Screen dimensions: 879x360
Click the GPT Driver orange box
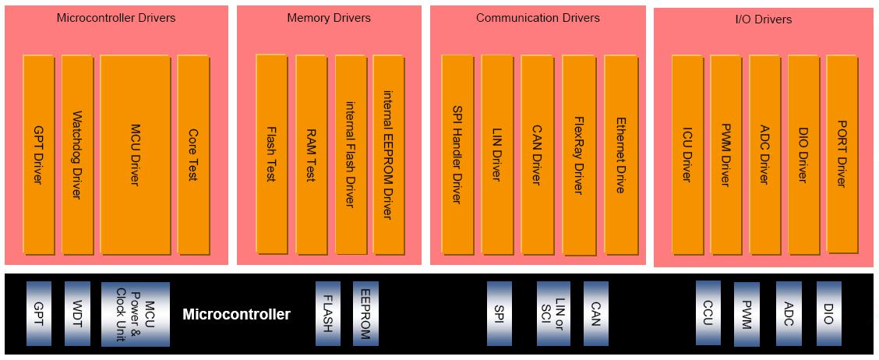click(39, 154)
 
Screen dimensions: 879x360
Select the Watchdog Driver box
click(77, 154)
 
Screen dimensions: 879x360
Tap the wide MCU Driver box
click(135, 154)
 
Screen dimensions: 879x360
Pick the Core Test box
click(193, 154)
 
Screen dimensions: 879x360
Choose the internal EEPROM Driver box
click(389, 154)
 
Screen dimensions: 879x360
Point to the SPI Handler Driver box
click(457, 154)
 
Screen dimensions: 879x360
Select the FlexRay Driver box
click(579, 155)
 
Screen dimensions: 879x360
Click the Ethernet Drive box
click(620, 154)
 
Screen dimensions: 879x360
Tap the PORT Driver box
click(842, 154)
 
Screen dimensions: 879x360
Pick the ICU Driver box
click(687, 154)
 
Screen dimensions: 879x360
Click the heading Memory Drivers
click(329, 18)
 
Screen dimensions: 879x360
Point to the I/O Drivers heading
click(764, 19)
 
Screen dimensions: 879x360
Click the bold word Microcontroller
click(237, 314)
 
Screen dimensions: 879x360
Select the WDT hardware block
click(77, 313)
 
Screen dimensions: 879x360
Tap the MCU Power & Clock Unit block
click(135, 314)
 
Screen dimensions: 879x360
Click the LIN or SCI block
click(553, 313)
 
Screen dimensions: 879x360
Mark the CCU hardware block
click(708, 313)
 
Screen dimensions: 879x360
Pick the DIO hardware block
click(829, 313)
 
